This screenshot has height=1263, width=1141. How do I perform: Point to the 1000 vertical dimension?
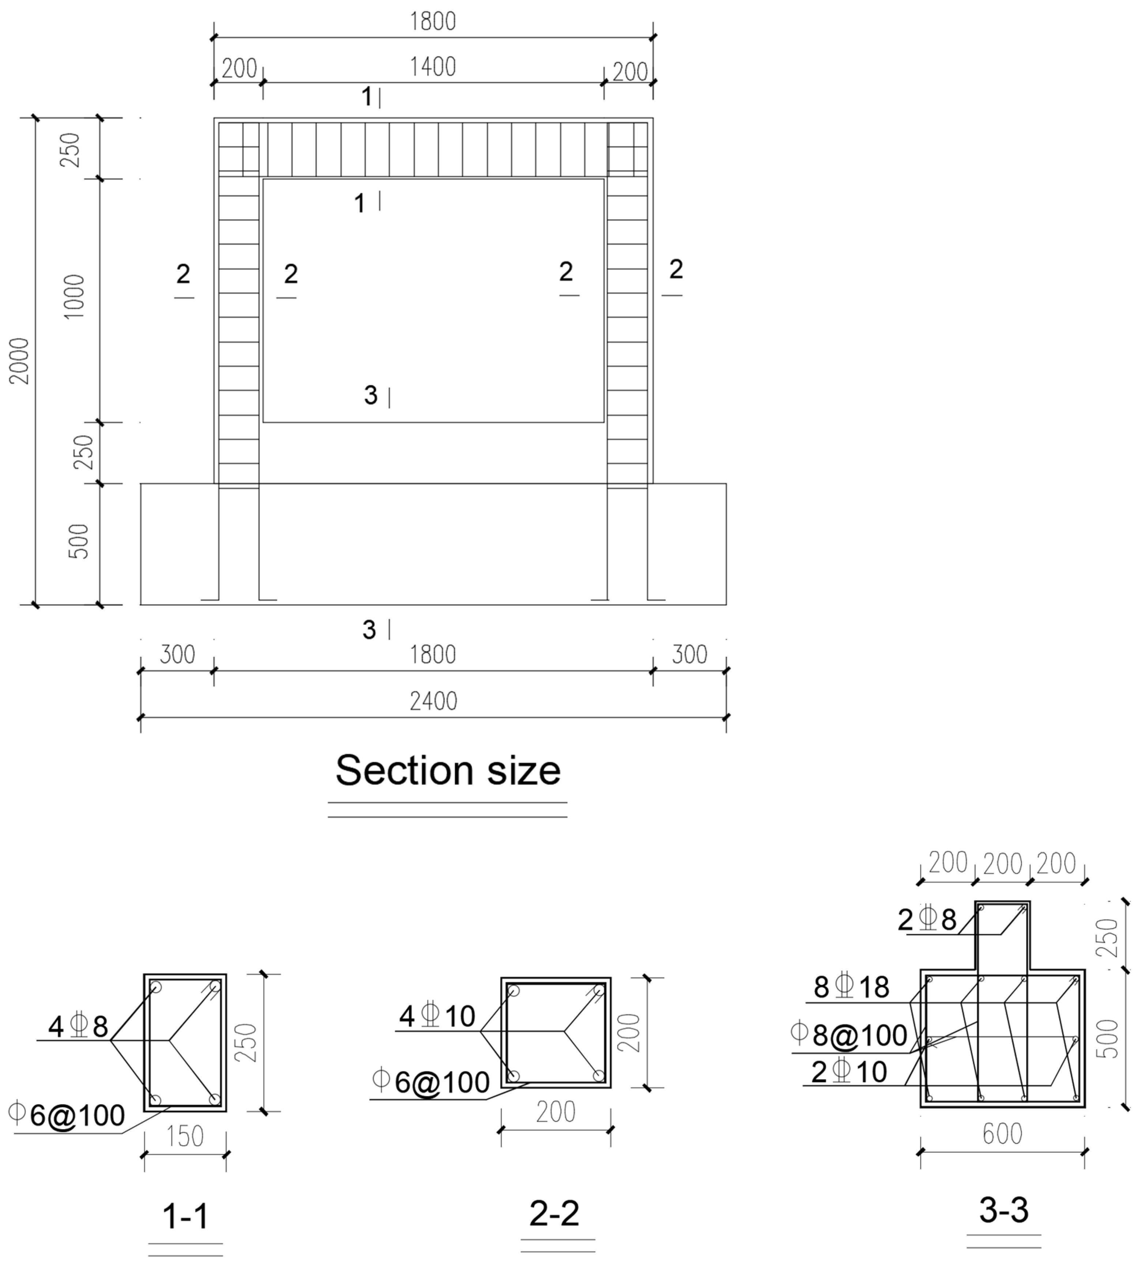coord(74,297)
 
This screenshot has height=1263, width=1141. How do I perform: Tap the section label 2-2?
coord(554,1214)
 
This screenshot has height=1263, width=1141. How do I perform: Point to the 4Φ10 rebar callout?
coord(437,1016)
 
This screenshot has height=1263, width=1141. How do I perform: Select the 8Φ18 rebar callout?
coord(851,988)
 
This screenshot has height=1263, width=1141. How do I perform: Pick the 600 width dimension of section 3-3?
coord(1002,1134)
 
